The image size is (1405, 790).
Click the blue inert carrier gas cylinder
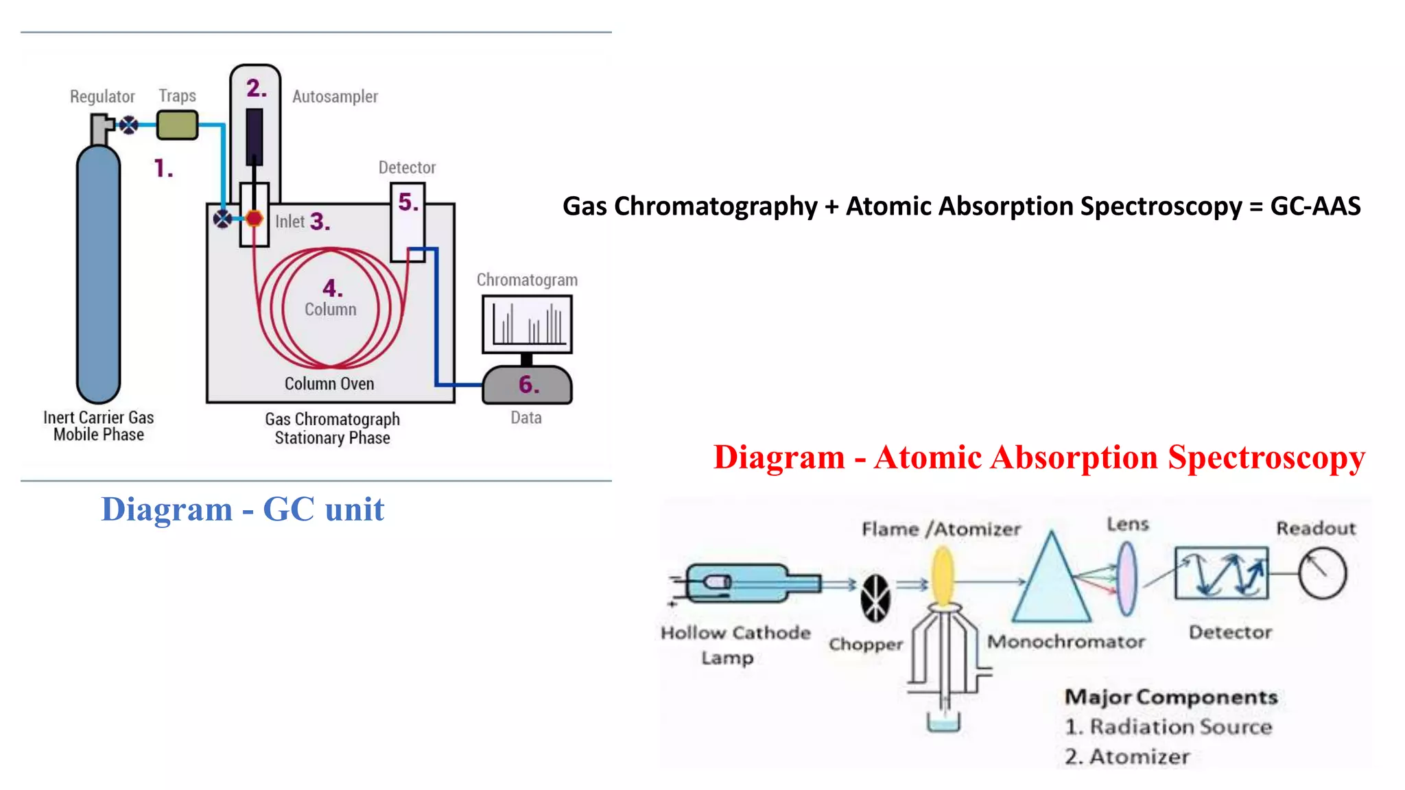click(98, 274)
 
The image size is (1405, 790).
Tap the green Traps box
click(177, 125)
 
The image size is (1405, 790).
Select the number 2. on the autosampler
click(256, 88)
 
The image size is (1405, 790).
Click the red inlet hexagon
click(254, 219)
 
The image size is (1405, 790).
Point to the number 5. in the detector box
click(408, 202)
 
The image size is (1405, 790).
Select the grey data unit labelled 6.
click(527, 385)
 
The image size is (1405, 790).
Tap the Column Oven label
click(329, 383)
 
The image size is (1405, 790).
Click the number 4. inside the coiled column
click(332, 287)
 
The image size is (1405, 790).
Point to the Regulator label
click(102, 97)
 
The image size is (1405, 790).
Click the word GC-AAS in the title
click(1315, 206)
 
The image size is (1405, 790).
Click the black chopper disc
click(876, 598)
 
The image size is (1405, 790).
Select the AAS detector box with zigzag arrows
click(1221, 573)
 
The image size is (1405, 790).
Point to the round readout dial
click(1322, 573)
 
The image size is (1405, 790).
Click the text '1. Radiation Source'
click(1168, 727)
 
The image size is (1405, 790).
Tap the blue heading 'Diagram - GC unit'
click(242, 510)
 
